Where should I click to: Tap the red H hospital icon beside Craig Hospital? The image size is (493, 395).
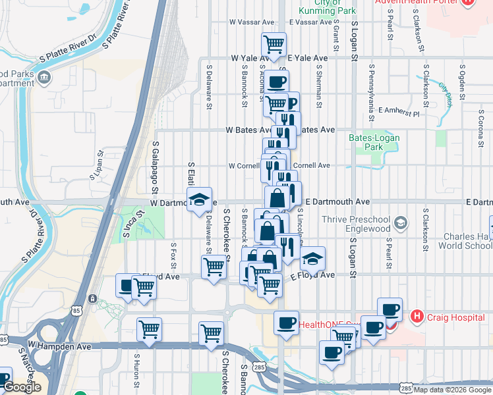417,317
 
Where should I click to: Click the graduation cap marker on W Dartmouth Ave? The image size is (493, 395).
198,199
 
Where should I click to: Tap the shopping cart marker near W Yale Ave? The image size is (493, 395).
274,45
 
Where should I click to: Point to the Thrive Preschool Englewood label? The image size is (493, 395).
356,224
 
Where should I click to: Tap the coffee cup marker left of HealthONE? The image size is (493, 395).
286,323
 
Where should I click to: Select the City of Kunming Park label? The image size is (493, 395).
327,7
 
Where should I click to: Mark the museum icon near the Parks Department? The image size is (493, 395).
44,78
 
